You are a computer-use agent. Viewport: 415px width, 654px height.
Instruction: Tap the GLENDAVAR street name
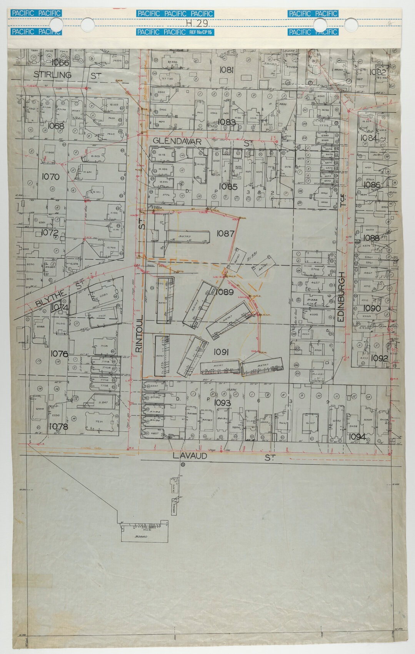pyautogui.click(x=177, y=142)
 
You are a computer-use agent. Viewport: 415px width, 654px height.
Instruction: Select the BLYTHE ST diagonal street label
pyautogui.click(x=59, y=293)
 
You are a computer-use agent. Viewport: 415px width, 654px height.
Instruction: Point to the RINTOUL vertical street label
pyautogui.click(x=139, y=333)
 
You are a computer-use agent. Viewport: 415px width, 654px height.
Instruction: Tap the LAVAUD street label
pyautogui.click(x=190, y=456)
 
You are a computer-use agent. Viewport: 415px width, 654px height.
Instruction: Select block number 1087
pyautogui.click(x=225, y=233)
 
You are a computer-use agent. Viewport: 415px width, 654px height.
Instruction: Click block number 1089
pyautogui.click(x=225, y=292)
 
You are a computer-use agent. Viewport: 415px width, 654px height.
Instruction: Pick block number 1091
pyautogui.click(x=222, y=352)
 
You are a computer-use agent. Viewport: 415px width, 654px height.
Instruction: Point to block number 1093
pyautogui.click(x=222, y=403)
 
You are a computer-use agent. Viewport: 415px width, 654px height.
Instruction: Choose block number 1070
pyautogui.click(x=50, y=177)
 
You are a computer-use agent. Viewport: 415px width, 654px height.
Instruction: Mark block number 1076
pyautogui.click(x=59, y=354)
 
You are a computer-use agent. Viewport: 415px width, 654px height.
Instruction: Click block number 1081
pyautogui.click(x=227, y=70)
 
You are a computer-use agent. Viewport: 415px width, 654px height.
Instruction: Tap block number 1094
pyautogui.click(x=357, y=437)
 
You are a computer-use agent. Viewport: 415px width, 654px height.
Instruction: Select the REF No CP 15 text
pyautogui.click(x=200, y=32)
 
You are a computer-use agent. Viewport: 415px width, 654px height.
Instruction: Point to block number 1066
pyautogui.click(x=60, y=63)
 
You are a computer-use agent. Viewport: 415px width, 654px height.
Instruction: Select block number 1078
pyautogui.click(x=58, y=427)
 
